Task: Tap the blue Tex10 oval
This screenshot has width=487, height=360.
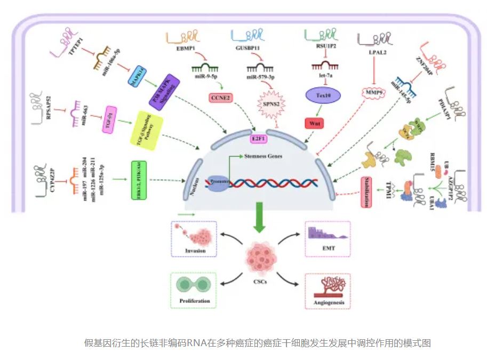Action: click(x=320, y=95)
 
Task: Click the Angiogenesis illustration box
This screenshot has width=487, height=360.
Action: click(x=328, y=291)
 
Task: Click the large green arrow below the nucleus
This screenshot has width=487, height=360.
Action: click(x=260, y=217)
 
